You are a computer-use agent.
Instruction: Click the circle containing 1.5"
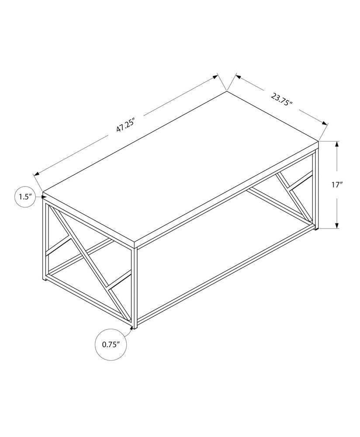[x=24, y=197]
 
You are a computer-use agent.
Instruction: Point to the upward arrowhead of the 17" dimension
[x=337, y=144]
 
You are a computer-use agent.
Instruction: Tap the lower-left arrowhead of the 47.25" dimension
[x=37, y=173]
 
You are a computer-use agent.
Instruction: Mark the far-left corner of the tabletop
[x=43, y=192]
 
